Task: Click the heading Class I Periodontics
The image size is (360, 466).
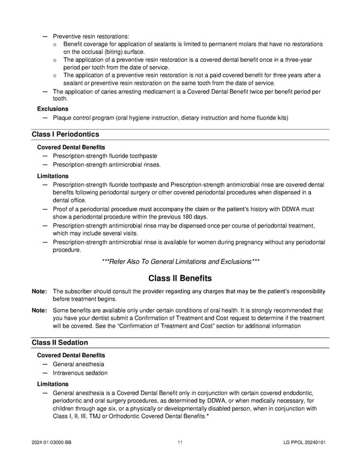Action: (x=65, y=134)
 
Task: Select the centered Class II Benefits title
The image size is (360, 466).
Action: (x=180, y=279)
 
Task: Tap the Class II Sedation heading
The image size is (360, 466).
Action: (x=60, y=342)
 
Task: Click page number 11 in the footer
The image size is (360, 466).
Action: (x=180, y=443)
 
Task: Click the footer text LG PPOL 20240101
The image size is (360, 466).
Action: (x=305, y=443)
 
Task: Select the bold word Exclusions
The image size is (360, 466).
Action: (x=53, y=109)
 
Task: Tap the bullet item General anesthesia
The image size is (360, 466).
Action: (x=78, y=364)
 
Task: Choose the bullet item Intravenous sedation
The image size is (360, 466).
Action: (x=81, y=373)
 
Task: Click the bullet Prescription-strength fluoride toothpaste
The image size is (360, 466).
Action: (x=105, y=156)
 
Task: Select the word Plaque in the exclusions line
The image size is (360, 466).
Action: (x=63, y=118)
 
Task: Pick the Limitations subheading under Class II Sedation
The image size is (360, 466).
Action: (x=53, y=384)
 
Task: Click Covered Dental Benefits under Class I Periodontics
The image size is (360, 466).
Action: (x=71, y=147)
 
